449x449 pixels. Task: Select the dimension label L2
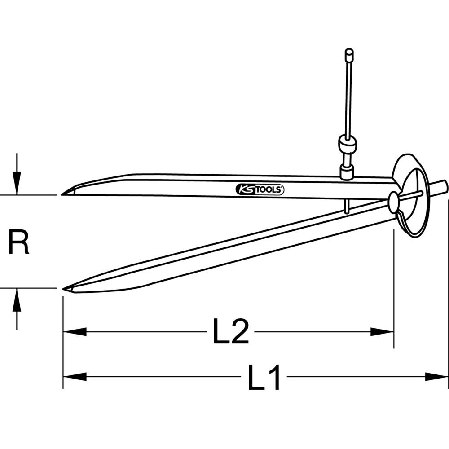tap(230, 332)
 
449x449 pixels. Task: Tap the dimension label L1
tap(264, 377)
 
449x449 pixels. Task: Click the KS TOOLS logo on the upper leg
tap(260, 189)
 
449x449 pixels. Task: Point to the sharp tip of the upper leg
tap(63, 194)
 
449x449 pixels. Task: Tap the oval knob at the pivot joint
tap(394, 202)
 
